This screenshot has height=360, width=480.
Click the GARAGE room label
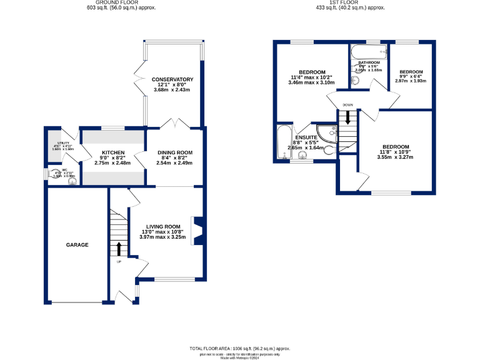click(x=77, y=245)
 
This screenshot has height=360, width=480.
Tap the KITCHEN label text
click(x=114, y=153)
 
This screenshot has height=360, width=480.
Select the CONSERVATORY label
click(x=172, y=79)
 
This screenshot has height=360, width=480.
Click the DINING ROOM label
click(x=175, y=153)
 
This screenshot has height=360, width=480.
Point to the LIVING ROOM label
click(x=164, y=227)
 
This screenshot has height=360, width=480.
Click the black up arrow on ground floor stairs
click(x=119, y=250)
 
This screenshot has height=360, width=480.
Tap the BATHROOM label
click(x=369, y=62)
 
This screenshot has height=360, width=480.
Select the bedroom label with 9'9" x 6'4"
click(x=411, y=72)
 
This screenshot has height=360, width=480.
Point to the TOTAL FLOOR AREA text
click(x=240, y=347)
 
